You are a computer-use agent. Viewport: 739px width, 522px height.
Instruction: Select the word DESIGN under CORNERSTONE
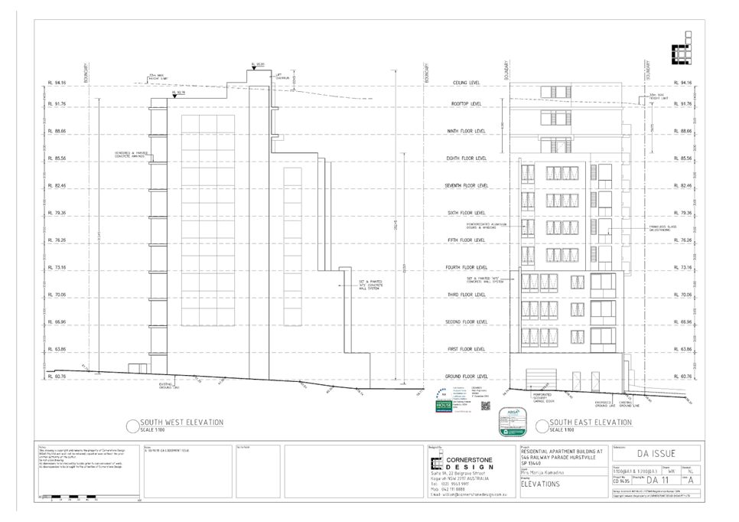(465, 466)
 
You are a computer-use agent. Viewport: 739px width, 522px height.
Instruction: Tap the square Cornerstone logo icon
(435, 463)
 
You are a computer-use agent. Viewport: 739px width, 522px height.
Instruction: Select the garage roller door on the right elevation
(539, 377)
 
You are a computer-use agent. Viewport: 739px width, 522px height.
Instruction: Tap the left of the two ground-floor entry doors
(576, 379)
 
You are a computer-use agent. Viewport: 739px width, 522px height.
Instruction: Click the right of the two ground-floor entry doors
(594, 379)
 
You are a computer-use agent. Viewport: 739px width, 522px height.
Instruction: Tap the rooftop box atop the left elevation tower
(260, 77)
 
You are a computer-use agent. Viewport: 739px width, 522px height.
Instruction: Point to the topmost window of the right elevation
(555, 93)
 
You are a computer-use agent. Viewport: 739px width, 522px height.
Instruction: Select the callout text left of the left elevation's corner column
(130, 154)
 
